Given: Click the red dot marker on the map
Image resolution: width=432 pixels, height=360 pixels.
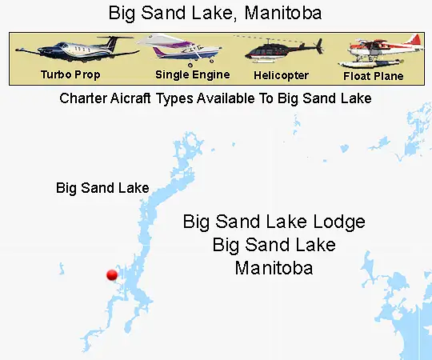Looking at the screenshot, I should click(112, 275).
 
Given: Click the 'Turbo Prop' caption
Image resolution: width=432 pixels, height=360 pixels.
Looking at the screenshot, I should click(70, 74).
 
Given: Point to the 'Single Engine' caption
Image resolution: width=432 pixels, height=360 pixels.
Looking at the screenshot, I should click(192, 74).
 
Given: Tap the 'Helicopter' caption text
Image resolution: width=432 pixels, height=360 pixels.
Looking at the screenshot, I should click(281, 75).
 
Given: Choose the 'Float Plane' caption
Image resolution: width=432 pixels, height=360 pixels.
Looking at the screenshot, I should click(374, 76).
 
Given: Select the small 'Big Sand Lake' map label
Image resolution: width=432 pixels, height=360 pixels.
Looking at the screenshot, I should click(102, 189).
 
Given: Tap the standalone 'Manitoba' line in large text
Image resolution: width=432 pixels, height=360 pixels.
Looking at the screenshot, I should click(274, 267).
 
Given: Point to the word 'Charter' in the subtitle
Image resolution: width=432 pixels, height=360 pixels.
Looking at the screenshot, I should click(85, 99).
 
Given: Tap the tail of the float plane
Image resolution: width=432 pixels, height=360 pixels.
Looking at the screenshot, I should click(414, 40).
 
